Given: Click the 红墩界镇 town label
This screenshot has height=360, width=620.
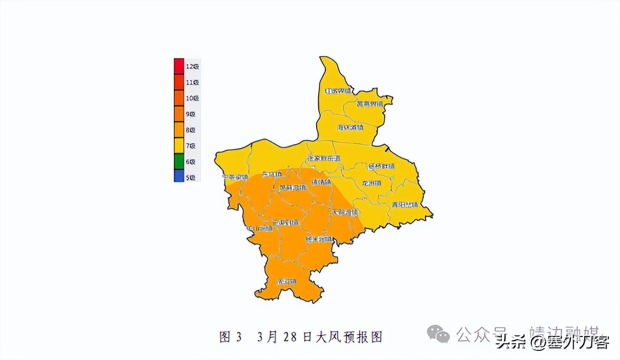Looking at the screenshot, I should tap(338, 91).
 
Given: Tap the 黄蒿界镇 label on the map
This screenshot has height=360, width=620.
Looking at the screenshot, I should tap(370, 104).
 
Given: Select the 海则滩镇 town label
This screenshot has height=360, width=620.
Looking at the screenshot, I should tap(350, 127).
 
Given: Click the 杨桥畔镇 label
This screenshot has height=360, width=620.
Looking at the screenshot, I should tap(381, 167).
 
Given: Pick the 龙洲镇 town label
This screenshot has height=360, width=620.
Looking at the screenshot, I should tap(371, 183).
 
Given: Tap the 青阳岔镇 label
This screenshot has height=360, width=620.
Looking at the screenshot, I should tap(405, 205).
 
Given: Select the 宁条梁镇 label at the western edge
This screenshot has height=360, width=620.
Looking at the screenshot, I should tap(235, 177).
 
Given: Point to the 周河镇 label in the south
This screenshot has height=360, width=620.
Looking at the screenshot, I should tap(287, 282).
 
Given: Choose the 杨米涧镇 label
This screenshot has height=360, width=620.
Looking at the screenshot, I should tap(319, 239).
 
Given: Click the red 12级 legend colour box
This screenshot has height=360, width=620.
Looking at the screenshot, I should tap(179, 66).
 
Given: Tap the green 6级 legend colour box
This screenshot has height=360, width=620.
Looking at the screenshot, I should tap(179, 161).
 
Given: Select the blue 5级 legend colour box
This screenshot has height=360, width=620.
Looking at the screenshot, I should tap(179, 177).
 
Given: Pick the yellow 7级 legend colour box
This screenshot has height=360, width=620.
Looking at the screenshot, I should tap(179, 145).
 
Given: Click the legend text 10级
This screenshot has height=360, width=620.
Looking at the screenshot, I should tap(192, 98).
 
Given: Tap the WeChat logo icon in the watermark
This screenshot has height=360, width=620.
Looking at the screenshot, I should tap(438, 334).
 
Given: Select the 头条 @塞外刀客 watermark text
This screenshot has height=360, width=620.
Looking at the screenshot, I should tap(552, 342).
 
